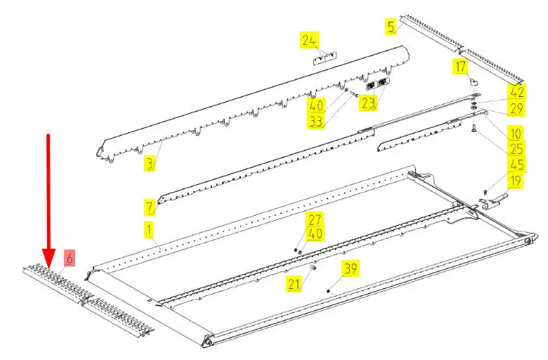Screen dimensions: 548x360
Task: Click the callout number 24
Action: [308, 40]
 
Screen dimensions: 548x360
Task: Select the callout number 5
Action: [391, 27]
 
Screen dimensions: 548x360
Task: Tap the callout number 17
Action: [460, 67]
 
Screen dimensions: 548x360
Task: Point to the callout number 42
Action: [516, 92]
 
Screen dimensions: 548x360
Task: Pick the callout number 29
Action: [516, 108]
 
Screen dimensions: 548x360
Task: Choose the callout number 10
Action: [516, 133]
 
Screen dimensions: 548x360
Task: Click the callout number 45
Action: [516, 165]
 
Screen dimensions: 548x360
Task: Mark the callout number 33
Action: [315, 122]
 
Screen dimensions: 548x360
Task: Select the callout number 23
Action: [368, 103]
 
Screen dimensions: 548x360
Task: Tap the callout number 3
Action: [150, 164]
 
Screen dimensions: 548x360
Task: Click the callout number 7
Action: [150, 207]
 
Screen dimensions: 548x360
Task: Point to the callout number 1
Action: [149, 231]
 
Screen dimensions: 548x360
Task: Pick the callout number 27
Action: [315, 219]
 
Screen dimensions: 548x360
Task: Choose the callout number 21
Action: [294, 284]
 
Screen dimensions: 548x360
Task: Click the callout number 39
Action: [351, 269]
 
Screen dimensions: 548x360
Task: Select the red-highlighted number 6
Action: [69, 259]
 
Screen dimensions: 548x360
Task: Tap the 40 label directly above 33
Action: [315, 105]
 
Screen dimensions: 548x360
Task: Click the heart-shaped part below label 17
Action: [474, 82]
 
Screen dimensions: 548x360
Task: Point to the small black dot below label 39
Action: [328, 291]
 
